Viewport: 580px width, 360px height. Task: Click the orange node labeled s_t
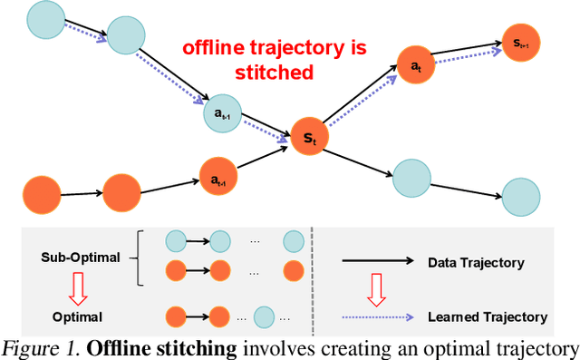[309, 139]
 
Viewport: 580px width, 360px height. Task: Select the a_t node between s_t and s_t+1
[415, 66]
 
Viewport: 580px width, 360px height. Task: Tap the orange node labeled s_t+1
[522, 43]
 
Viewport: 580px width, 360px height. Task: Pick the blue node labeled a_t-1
[221, 112]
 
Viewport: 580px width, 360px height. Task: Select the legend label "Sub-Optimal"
[81, 258]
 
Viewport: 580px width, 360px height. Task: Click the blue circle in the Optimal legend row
[263, 317]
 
